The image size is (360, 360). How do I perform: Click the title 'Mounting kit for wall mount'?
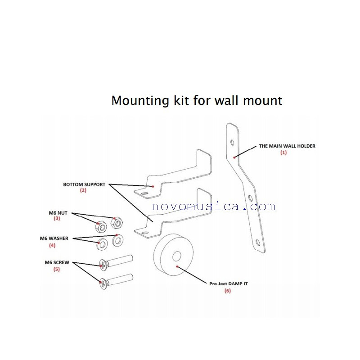197,100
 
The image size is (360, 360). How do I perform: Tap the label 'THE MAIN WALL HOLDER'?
287,146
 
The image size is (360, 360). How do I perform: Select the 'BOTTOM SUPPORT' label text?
84,184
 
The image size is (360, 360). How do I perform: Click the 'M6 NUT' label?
57,212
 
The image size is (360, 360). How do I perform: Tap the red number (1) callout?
283,153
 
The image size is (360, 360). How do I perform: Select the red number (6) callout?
227,291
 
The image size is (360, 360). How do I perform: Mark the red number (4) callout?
53,245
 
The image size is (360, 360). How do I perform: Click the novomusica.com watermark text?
213,207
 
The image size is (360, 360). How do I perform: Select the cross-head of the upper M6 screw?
103,265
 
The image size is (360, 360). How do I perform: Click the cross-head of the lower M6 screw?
103,283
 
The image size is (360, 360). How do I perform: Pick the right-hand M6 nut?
118,223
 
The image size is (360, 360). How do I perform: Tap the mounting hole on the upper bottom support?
144,193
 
